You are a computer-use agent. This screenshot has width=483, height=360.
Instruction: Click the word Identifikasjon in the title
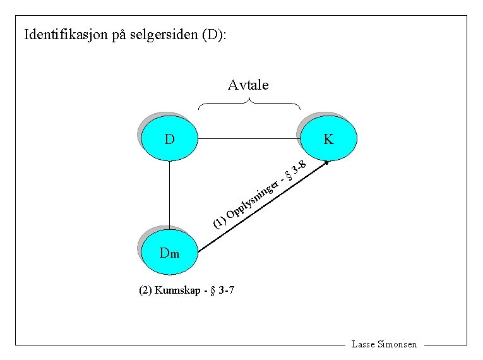click(66, 34)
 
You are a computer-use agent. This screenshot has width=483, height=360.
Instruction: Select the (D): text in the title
click(215, 34)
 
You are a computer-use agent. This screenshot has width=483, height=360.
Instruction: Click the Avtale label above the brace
click(248, 85)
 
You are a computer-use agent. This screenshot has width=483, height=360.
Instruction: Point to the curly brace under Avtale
click(249, 103)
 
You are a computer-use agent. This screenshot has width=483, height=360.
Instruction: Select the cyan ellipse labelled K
click(329, 138)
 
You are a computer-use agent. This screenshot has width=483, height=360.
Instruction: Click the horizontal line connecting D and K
click(249, 138)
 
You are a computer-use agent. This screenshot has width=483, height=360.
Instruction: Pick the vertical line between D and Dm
click(170, 193)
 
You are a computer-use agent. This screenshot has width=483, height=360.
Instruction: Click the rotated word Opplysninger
click(253, 198)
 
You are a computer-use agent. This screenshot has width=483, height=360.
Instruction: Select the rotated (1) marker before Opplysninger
click(218, 222)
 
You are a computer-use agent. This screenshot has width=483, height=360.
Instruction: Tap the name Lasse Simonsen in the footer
click(384, 345)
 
